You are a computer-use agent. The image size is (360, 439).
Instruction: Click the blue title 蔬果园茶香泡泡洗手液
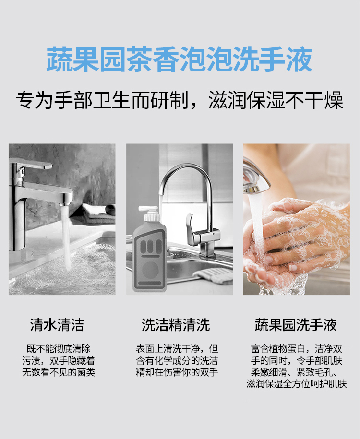pos(180,59)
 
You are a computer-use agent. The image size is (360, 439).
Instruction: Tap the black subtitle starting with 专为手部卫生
pos(180,100)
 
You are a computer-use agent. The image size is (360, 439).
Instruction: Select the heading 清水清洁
pos(57,325)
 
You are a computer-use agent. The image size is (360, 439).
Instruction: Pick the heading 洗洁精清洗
pos(176,325)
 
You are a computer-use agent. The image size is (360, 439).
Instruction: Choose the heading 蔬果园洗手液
pos(296,325)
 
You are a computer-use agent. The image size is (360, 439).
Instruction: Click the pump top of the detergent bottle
pos(150,212)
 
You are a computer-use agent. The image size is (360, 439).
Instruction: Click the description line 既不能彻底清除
pos(59,349)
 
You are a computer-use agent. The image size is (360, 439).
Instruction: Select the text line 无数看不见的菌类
pos(59,372)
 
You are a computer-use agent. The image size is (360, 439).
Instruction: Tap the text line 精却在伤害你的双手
pos(177,372)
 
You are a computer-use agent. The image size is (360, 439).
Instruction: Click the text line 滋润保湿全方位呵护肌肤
pos(297,384)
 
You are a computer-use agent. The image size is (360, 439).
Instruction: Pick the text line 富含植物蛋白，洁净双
pos(297,349)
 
